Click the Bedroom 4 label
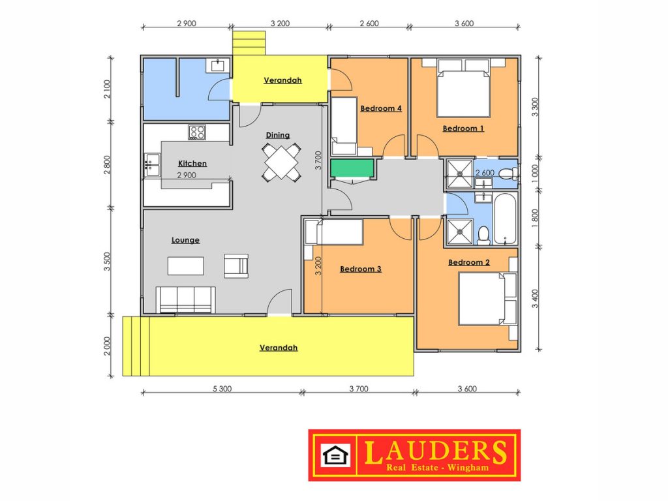[x=381, y=108]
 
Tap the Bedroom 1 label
[x=463, y=129]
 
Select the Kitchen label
[x=192, y=163]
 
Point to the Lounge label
[x=185, y=240]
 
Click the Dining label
[x=278, y=135]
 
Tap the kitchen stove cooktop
[x=197, y=132]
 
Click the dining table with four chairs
[x=281, y=162]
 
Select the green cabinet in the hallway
[x=352, y=168]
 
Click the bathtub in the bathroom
[x=506, y=219]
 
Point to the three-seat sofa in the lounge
[x=185, y=299]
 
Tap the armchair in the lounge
[x=236, y=266]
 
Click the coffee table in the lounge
[x=186, y=266]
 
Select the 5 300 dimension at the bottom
[x=222, y=389]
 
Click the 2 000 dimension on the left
[x=107, y=346]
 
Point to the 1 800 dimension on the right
[x=535, y=218]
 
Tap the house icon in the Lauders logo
[x=335, y=455]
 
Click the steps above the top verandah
[x=249, y=42]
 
